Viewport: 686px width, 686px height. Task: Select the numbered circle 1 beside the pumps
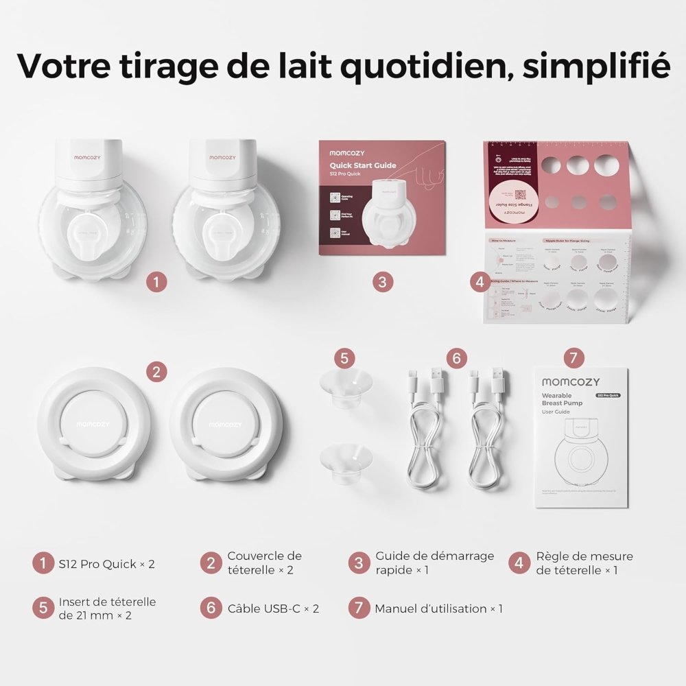pyautogui.click(x=157, y=281)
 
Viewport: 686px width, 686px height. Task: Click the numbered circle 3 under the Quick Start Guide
pyautogui.click(x=383, y=281)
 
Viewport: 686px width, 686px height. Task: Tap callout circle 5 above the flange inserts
pyautogui.click(x=345, y=357)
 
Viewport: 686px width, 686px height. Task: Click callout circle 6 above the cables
pyautogui.click(x=456, y=357)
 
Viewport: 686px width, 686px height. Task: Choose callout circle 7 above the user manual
pyautogui.click(x=573, y=357)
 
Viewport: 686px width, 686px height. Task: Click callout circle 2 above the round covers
pyautogui.click(x=157, y=372)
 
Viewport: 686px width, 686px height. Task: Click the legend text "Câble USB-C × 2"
pyautogui.click(x=273, y=608)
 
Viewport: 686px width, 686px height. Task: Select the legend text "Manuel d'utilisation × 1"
pyautogui.click(x=438, y=608)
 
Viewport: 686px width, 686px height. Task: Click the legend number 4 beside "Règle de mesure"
pyautogui.click(x=520, y=564)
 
